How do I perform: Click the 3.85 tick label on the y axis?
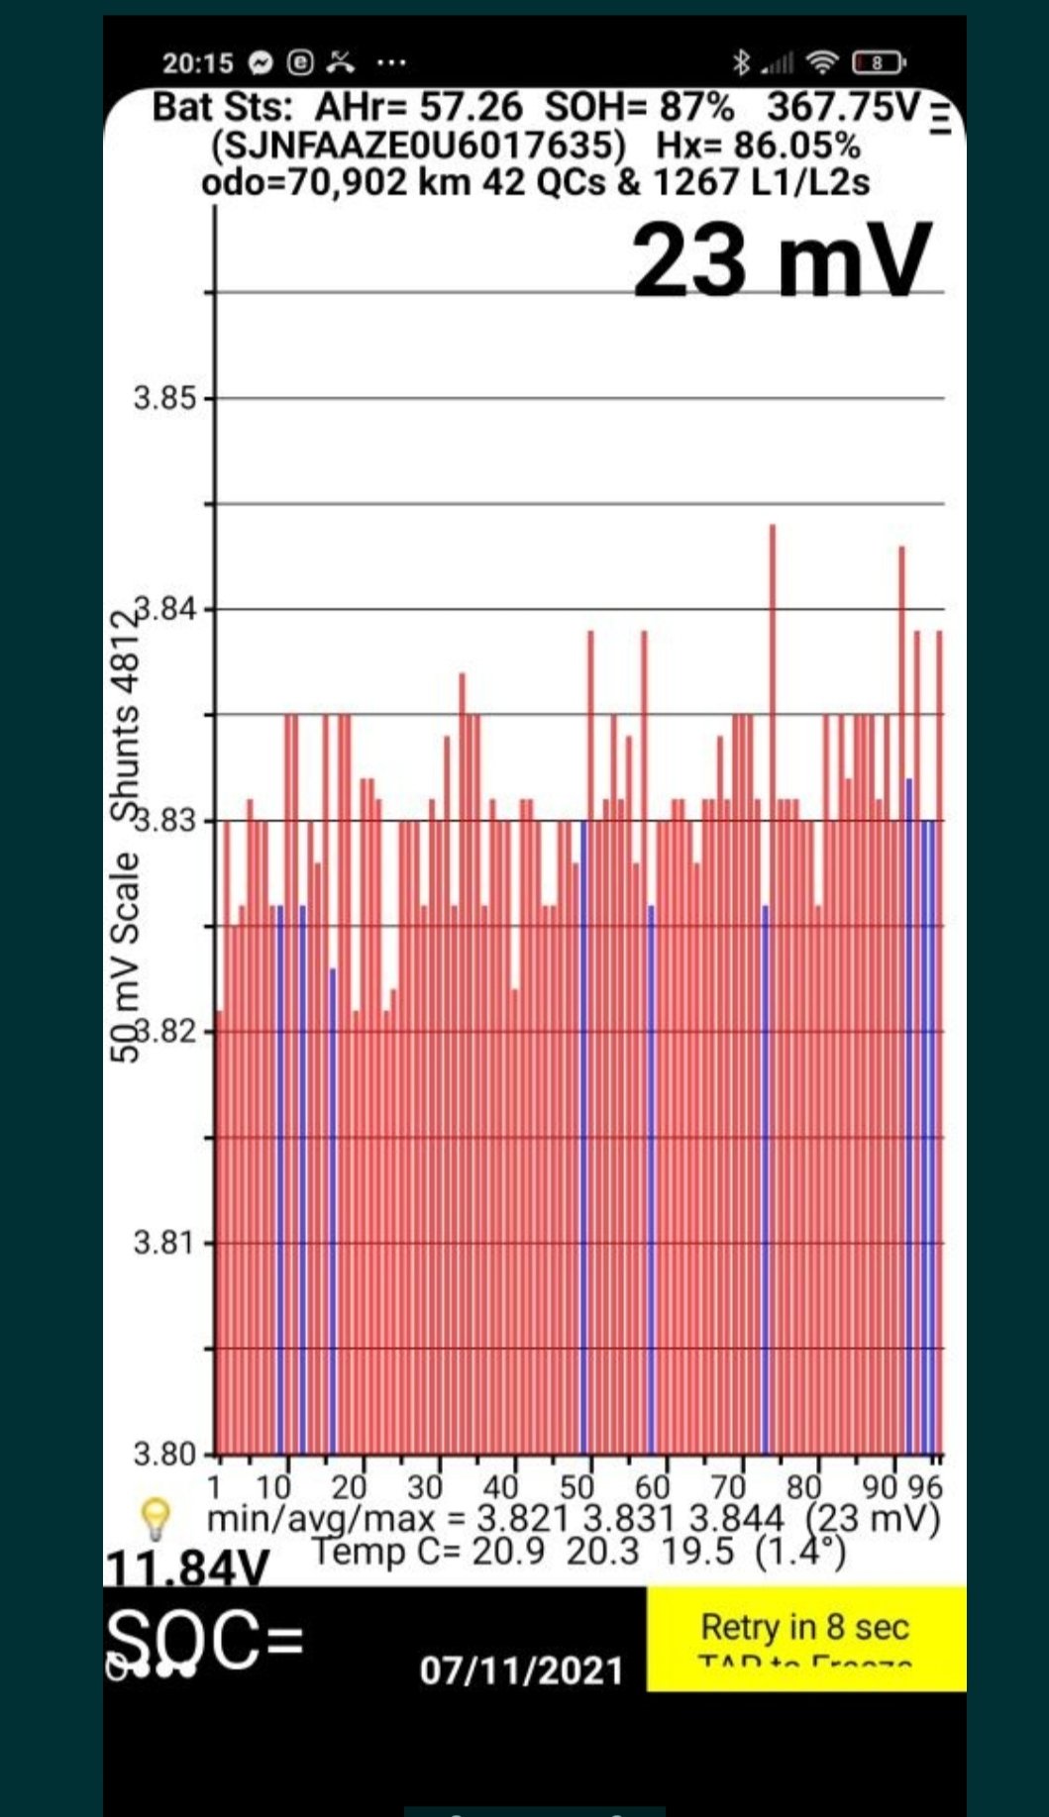click(164, 399)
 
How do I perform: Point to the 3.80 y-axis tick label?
click(164, 1455)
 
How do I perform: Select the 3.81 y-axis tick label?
click(164, 1243)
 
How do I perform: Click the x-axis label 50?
click(577, 1487)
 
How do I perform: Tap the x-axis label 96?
click(926, 1487)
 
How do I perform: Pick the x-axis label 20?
click(349, 1487)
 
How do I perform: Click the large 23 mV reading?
click(782, 260)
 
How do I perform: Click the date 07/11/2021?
click(522, 1670)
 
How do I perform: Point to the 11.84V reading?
click(187, 1568)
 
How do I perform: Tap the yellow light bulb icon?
click(157, 1516)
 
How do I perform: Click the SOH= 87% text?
click(639, 107)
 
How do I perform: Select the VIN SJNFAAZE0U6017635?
click(419, 146)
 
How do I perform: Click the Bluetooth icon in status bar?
click(741, 63)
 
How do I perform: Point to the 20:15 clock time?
click(198, 63)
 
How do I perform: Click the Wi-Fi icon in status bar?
click(822, 63)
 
